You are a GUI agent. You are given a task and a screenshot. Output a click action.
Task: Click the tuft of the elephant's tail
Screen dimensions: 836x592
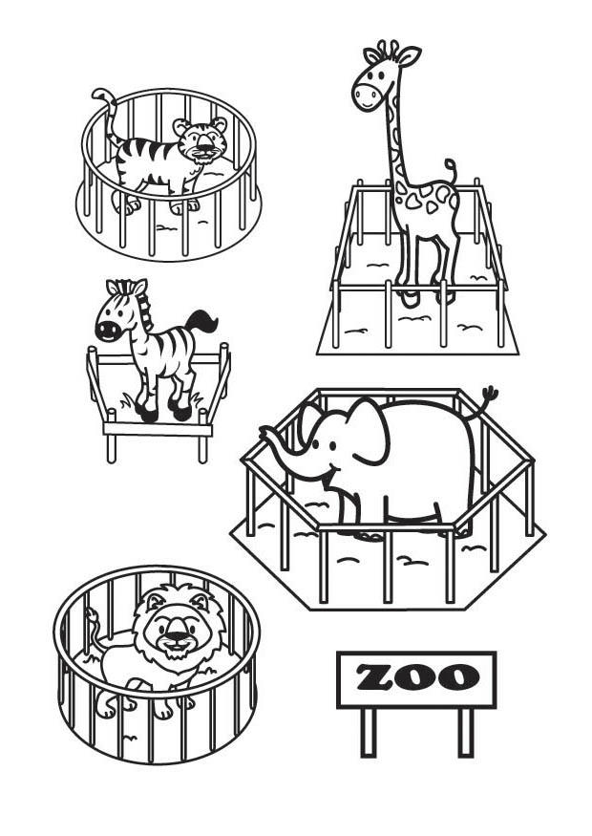point(489,394)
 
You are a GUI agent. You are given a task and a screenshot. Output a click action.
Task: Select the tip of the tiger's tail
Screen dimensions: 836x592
point(97,94)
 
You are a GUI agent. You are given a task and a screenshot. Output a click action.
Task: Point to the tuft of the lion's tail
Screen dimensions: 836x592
point(92,614)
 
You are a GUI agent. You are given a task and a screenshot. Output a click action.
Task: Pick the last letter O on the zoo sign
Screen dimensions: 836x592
point(457,678)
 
